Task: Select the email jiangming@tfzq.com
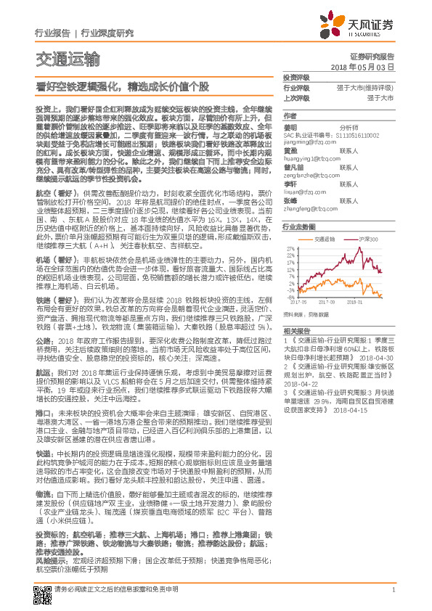click(x=307, y=143)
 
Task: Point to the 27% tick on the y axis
click(x=290, y=247)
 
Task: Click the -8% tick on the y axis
click(x=290, y=296)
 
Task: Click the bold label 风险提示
click(x=49, y=561)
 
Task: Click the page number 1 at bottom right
click(x=393, y=589)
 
